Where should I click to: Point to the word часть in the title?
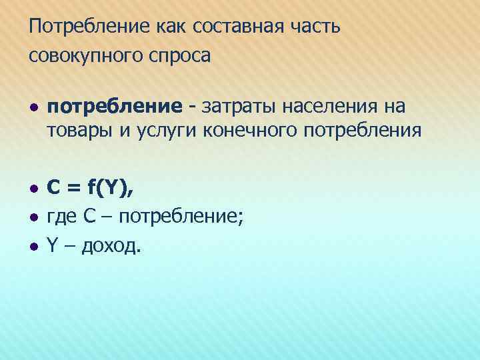point(316,27)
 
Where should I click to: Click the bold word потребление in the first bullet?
point(114,106)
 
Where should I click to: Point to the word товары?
point(71,129)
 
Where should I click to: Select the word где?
point(62,218)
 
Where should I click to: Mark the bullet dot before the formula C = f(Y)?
point(33,191)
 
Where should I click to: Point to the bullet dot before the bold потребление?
point(33,107)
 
